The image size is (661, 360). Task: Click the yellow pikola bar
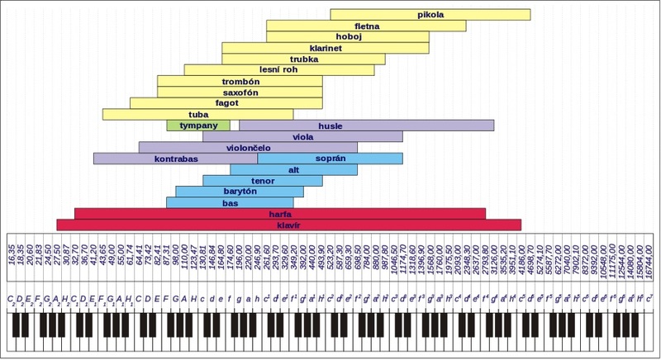(430, 15)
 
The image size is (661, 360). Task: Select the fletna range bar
(366, 26)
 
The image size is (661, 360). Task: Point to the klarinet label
(326, 48)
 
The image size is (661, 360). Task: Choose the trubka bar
(303, 59)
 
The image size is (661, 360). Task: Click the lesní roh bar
(252, 70)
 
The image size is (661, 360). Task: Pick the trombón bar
(240, 82)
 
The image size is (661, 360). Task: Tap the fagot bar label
(226, 103)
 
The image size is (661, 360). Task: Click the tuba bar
(198, 115)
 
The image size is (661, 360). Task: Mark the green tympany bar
(198, 126)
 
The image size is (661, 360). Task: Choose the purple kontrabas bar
(175, 159)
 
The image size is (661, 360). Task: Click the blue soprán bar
(330, 159)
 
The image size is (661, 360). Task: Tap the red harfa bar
(279, 213)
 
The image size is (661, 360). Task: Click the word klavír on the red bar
(288, 225)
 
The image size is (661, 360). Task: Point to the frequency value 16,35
(12, 253)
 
